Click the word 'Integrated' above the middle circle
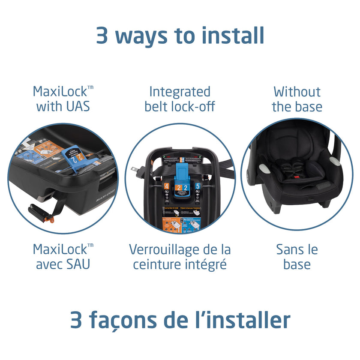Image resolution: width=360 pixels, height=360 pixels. (180, 91)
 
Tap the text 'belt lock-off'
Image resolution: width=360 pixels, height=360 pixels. (180, 106)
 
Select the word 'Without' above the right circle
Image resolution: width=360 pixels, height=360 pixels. (297, 91)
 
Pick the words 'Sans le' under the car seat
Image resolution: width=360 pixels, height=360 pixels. (297, 249)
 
